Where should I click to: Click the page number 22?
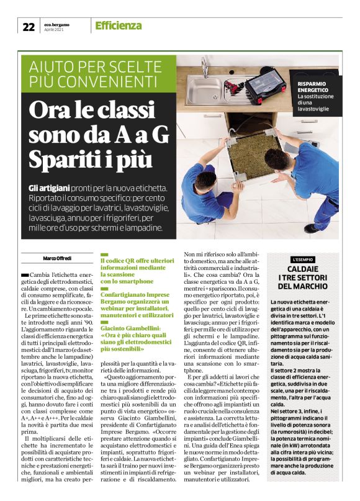28,26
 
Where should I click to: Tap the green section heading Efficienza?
118,25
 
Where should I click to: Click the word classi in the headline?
125,109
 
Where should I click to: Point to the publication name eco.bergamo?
57,24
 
